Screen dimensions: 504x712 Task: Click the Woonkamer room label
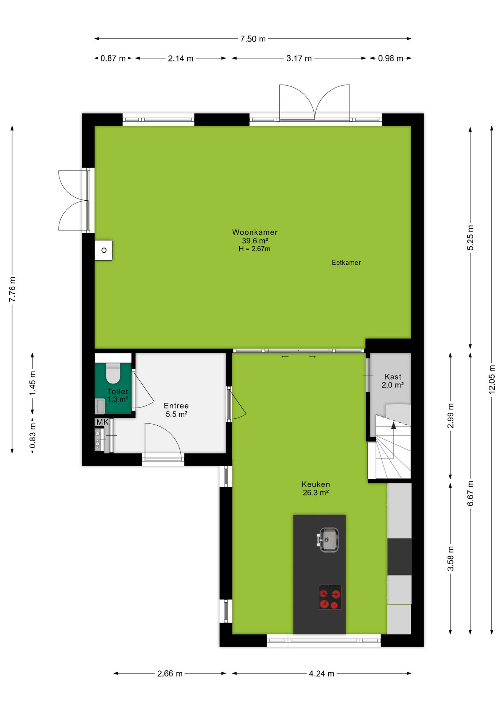click(255, 232)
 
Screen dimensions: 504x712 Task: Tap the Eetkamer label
click(346, 263)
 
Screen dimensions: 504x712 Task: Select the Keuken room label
click(315, 484)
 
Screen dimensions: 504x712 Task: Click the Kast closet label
click(393, 377)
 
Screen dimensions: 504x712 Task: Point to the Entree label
click(176, 406)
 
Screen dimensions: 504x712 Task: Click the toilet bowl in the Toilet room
click(113, 373)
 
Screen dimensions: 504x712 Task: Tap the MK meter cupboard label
click(102, 422)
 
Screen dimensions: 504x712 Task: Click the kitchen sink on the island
click(328, 540)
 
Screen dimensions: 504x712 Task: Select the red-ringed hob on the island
click(330, 597)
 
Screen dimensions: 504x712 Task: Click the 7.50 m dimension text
click(253, 39)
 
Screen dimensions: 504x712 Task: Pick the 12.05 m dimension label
click(492, 379)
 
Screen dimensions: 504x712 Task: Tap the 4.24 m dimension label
click(321, 673)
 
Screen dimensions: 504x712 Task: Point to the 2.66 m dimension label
click(170, 673)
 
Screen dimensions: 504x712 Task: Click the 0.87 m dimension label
click(113, 59)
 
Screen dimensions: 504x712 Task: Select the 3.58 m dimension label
click(450, 558)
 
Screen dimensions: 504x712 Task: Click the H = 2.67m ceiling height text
click(255, 249)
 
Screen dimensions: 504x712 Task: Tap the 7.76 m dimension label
click(12, 289)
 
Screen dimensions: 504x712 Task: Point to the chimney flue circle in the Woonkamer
click(104, 250)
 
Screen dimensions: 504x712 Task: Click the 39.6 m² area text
click(255, 241)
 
